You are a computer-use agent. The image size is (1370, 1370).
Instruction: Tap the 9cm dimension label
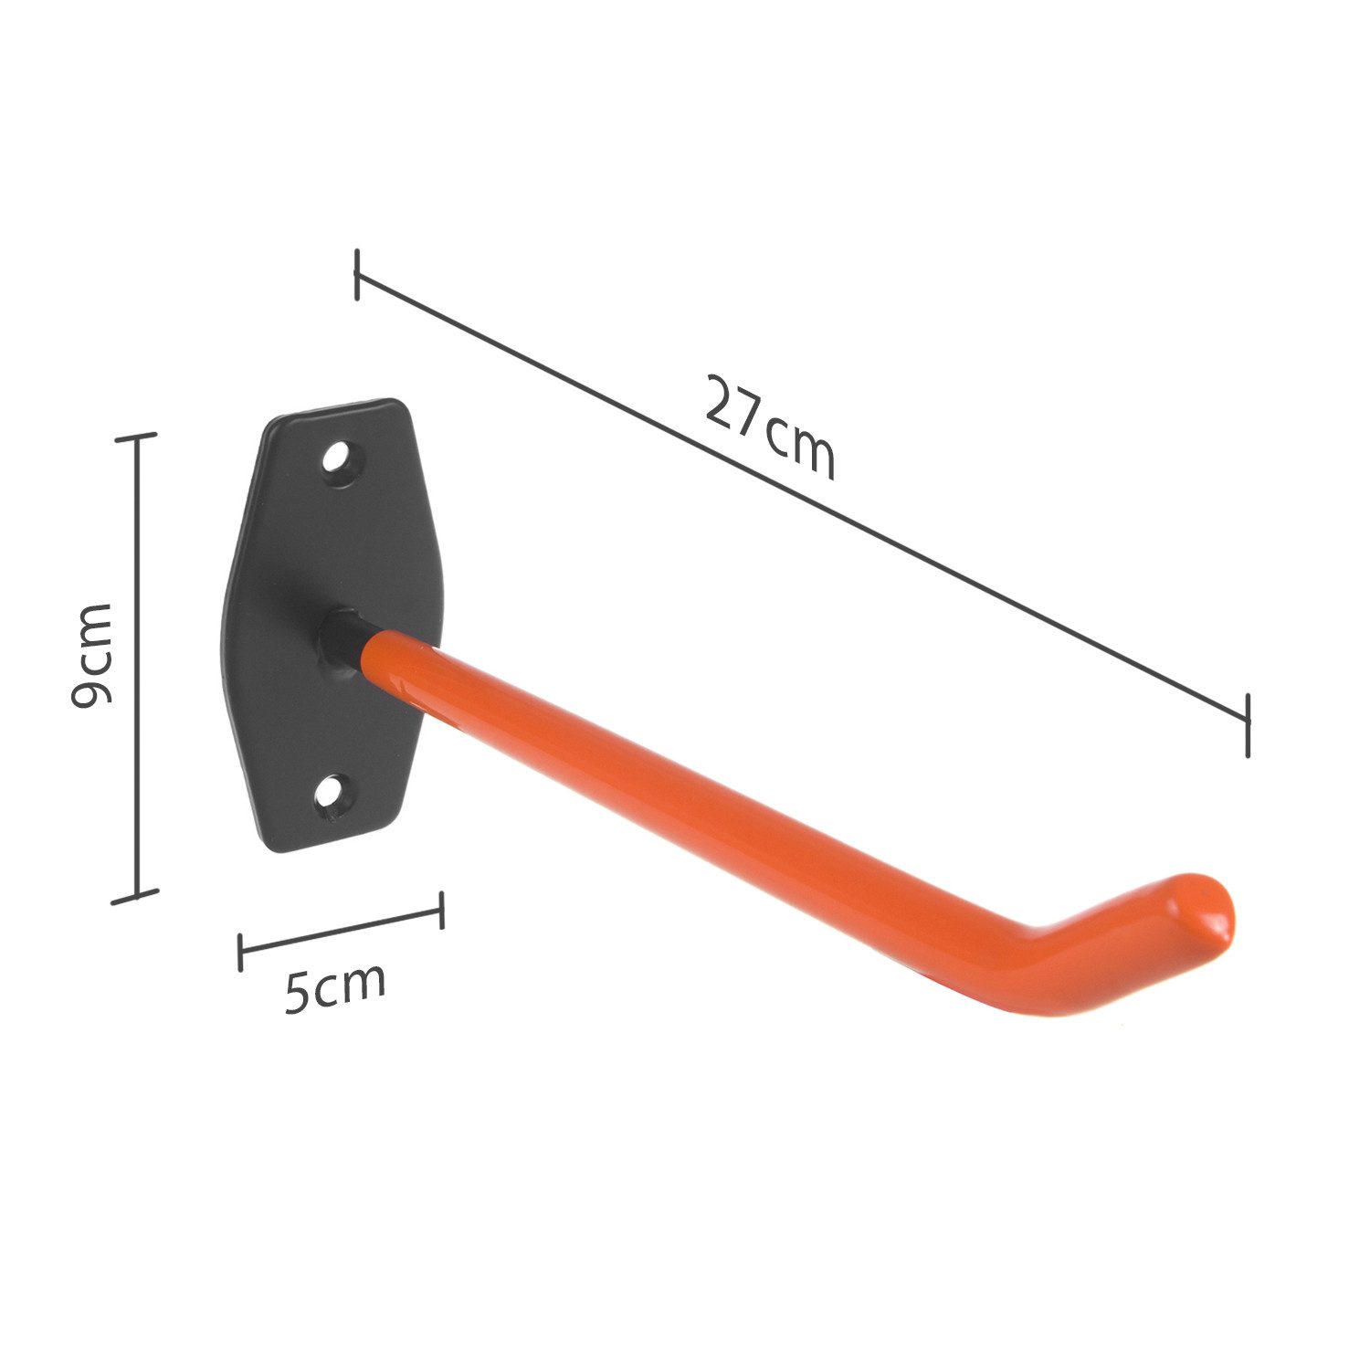pyautogui.click(x=92, y=655)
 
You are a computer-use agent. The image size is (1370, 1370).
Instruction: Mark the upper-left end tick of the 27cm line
pyautogui.click(x=356, y=273)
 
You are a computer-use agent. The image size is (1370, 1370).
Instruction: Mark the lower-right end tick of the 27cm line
pyautogui.click(x=1247, y=723)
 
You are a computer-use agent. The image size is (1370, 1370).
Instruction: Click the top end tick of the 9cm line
pyautogui.click(x=136, y=437)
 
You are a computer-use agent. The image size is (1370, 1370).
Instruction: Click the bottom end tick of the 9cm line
pyautogui.click(x=136, y=896)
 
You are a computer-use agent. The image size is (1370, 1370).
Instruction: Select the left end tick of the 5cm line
pyautogui.click(x=240, y=952)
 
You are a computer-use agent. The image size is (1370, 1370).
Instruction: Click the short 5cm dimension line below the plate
pyautogui.click(x=341, y=931)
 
